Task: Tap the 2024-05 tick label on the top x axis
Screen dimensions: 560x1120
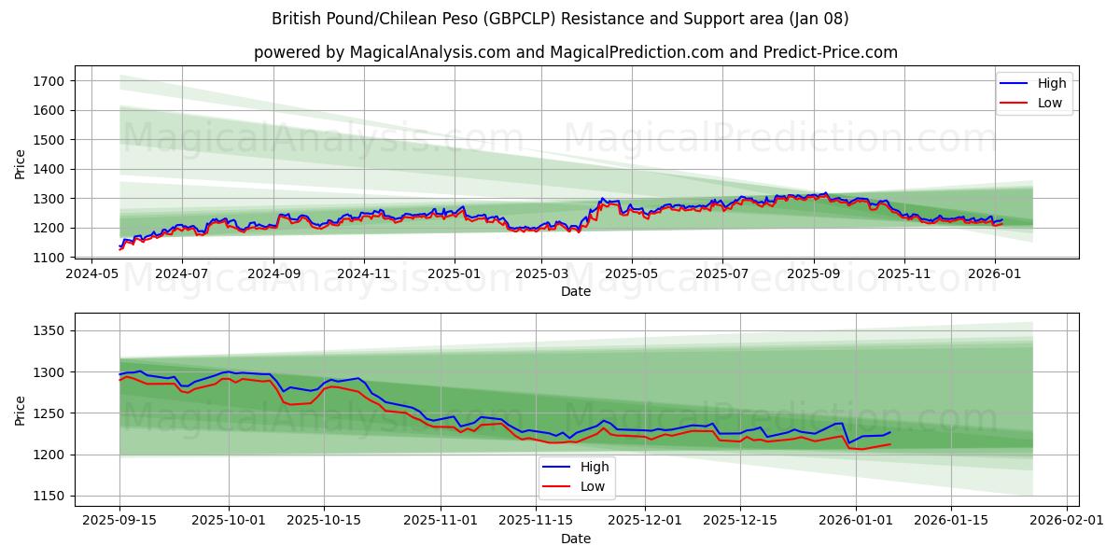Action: pos(91,274)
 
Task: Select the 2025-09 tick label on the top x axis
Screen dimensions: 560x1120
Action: pos(813,274)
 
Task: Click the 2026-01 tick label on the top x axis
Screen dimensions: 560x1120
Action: pos(994,274)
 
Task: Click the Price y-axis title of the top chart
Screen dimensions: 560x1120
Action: pos(21,163)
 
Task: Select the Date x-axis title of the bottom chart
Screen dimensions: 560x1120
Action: pos(576,539)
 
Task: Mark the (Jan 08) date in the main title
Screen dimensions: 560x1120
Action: pos(818,19)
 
